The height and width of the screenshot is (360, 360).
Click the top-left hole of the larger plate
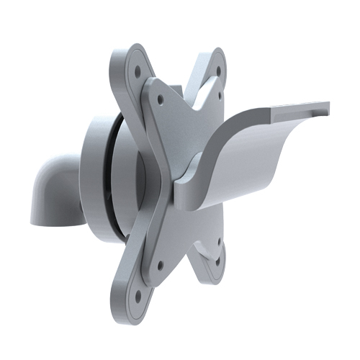coord(137,71)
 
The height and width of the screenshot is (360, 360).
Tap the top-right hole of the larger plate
coord(215,62)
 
